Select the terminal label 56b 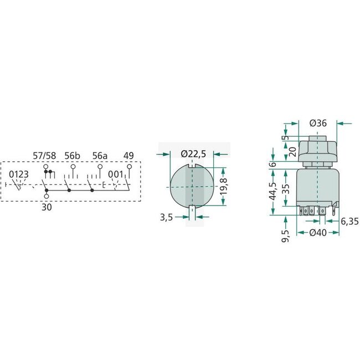click(73, 156)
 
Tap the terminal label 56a click(100, 156)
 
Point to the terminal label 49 click(128, 156)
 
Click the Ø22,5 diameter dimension click(193, 153)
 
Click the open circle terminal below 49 click(128, 166)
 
